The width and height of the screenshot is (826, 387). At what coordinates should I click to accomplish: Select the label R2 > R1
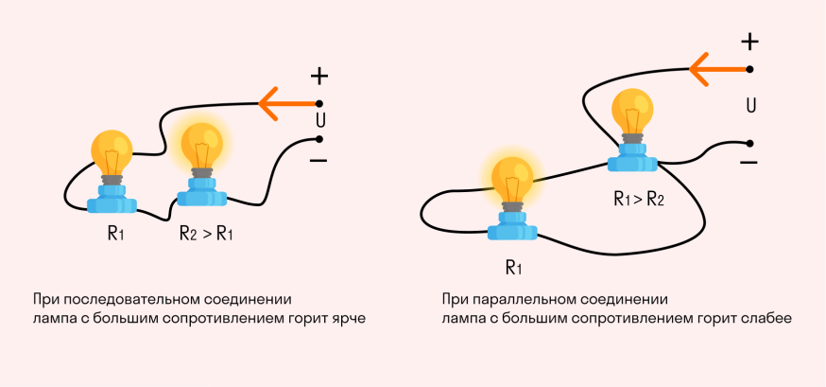click(205, 234)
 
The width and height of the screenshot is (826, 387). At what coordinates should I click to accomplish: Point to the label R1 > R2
click(639, 200)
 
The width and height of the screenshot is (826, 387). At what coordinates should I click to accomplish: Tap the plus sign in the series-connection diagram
click(319, 76)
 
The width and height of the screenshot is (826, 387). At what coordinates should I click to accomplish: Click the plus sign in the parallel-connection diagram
click(749, 42)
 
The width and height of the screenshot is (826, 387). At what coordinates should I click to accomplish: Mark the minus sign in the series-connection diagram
click(318, 160)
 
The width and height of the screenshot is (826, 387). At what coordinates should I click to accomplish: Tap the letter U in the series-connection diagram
click(319, 120)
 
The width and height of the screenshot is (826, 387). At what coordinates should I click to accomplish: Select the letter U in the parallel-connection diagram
click(750, 105)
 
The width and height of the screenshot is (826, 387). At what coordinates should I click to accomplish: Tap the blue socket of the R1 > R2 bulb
click(630, 157)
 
